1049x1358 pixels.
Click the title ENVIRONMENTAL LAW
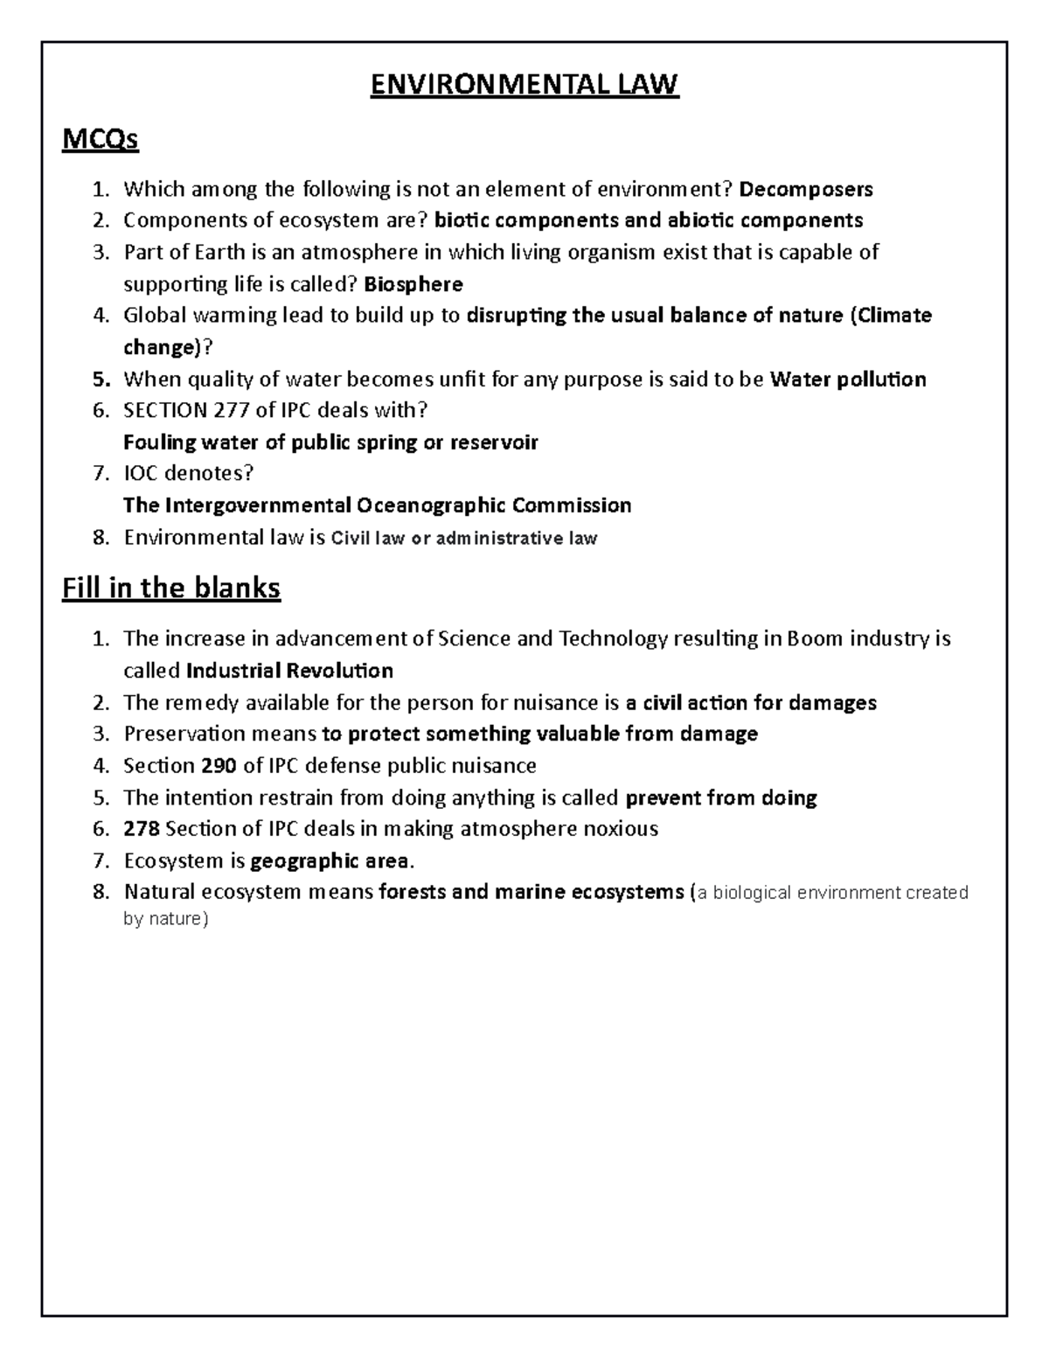click(x=524, y=85)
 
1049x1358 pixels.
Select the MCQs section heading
click(x=100, y=139)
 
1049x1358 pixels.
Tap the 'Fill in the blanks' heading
click(x=171, y=588)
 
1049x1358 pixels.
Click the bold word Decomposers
click(x=806, y=189)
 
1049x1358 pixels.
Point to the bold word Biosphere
click(x=413, y=284)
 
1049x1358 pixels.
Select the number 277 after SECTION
click(x=232, y=410)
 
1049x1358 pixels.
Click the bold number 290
click(x=219, y=766)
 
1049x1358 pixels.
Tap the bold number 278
click(x=142, y=829)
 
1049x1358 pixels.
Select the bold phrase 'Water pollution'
click(x=847, y=380)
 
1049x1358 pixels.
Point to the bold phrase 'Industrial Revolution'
click(x=289, y=671)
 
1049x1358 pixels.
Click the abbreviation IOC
click(x=142, y=473)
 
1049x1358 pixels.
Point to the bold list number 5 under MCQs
click(x=101, y=380)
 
